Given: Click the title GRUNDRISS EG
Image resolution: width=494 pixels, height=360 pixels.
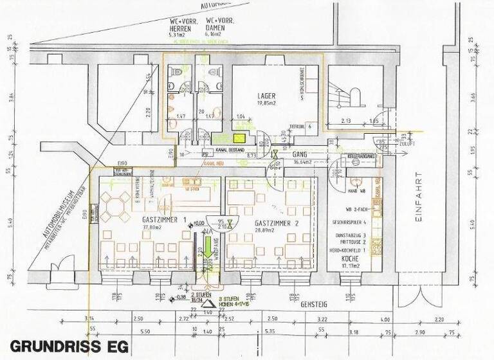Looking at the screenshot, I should coord(69,346).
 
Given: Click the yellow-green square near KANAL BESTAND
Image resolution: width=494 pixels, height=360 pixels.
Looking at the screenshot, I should coord(240,137).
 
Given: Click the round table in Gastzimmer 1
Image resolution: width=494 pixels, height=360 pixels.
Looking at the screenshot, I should coord(113,208).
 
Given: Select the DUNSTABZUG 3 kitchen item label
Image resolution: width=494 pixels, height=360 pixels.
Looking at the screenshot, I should coord(351,236).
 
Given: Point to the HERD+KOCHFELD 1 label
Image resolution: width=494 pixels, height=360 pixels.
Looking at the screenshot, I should coord(349,249).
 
